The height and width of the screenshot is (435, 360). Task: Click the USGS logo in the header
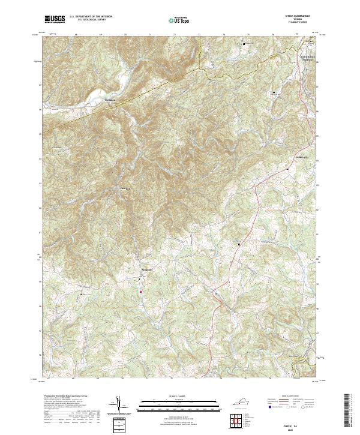click(x=55, y=19)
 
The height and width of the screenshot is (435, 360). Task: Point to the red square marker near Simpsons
click(x=141, y=292)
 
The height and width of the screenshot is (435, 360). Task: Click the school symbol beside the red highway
click(x=240, y=245)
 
